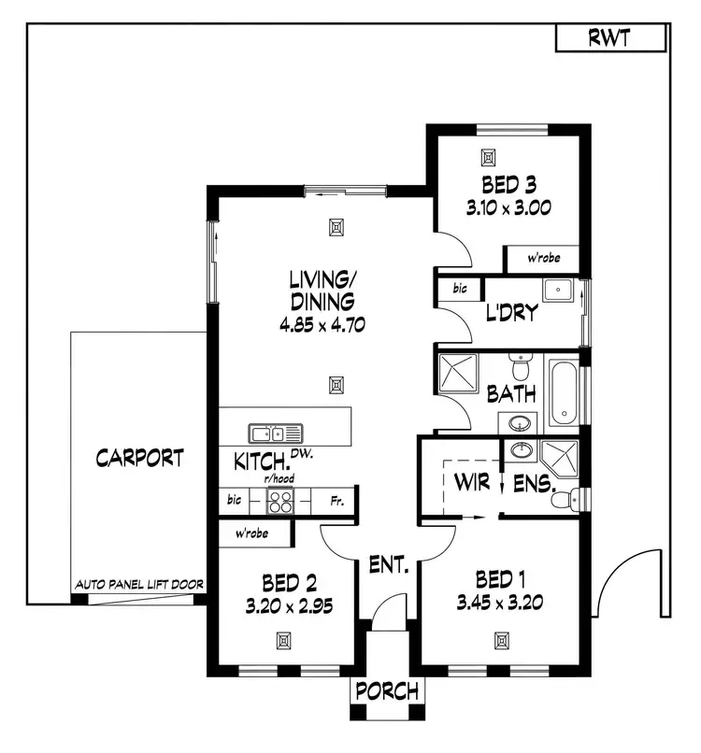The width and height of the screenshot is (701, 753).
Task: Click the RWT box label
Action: click(609, 38)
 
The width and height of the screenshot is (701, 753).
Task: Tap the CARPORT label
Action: click(139, 459)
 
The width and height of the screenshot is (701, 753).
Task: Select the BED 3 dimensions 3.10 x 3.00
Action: click(508, 207)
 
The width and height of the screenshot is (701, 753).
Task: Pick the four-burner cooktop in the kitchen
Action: click(280, 502)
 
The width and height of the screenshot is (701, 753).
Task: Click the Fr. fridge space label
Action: click(337, 502)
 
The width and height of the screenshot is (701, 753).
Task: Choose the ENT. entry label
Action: click(388, 564)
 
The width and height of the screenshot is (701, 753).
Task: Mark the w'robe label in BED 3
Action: click(542, 258)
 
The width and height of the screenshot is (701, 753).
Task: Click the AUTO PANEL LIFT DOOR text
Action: click(139, 586)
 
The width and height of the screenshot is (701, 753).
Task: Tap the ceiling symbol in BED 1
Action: click(502, 640)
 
